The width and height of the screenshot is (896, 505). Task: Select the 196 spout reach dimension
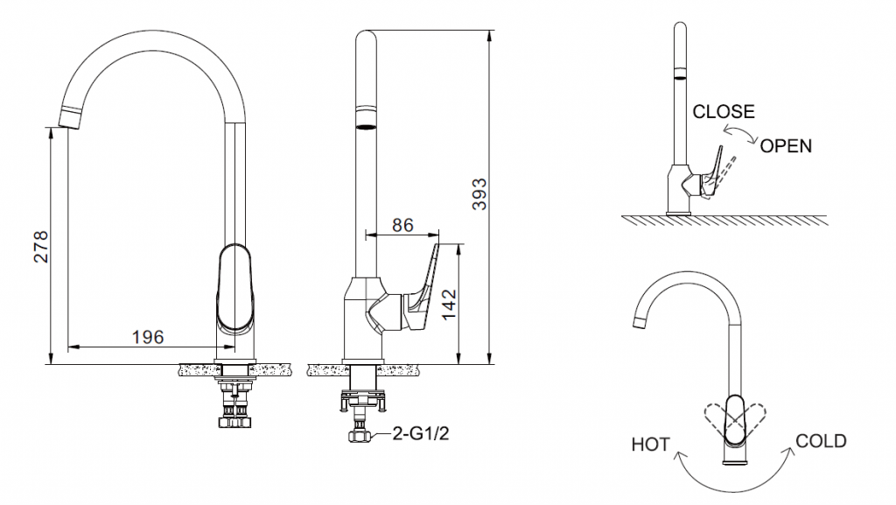(x=147, y=337)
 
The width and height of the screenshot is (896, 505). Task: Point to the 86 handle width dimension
(x=402, y=225)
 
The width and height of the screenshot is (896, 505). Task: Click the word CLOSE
(x=723, y=112)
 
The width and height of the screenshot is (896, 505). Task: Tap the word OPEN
(x=785, y=146)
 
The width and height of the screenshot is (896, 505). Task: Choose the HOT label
(x=650, y=445)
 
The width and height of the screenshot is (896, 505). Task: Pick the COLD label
(x=820, y=441)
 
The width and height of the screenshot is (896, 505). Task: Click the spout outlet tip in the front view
(x=70, y=115)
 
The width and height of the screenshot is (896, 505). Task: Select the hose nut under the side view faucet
(x=360, y=435)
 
